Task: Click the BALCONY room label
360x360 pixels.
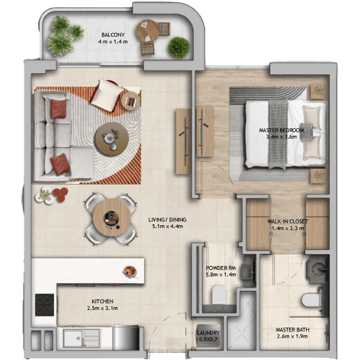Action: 113,35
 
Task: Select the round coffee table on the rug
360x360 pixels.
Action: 112,139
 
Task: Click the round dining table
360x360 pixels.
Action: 112,217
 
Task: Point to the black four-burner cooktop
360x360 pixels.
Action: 45,305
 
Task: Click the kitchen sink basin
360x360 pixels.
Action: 74,339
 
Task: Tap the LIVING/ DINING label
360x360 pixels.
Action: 167,219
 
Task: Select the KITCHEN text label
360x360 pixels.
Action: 102,301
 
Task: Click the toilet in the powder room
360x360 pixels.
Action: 218,294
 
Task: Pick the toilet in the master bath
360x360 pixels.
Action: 311,300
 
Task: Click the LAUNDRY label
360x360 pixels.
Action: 208,333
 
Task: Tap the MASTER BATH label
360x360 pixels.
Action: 292,330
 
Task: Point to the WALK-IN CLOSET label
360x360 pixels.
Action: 287,222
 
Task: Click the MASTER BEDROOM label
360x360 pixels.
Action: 282,130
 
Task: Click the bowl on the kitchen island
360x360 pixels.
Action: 130,271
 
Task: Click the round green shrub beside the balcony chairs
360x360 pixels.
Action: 179,47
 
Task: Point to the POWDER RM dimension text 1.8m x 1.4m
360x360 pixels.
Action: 221,275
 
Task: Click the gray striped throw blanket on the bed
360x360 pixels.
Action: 278,134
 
